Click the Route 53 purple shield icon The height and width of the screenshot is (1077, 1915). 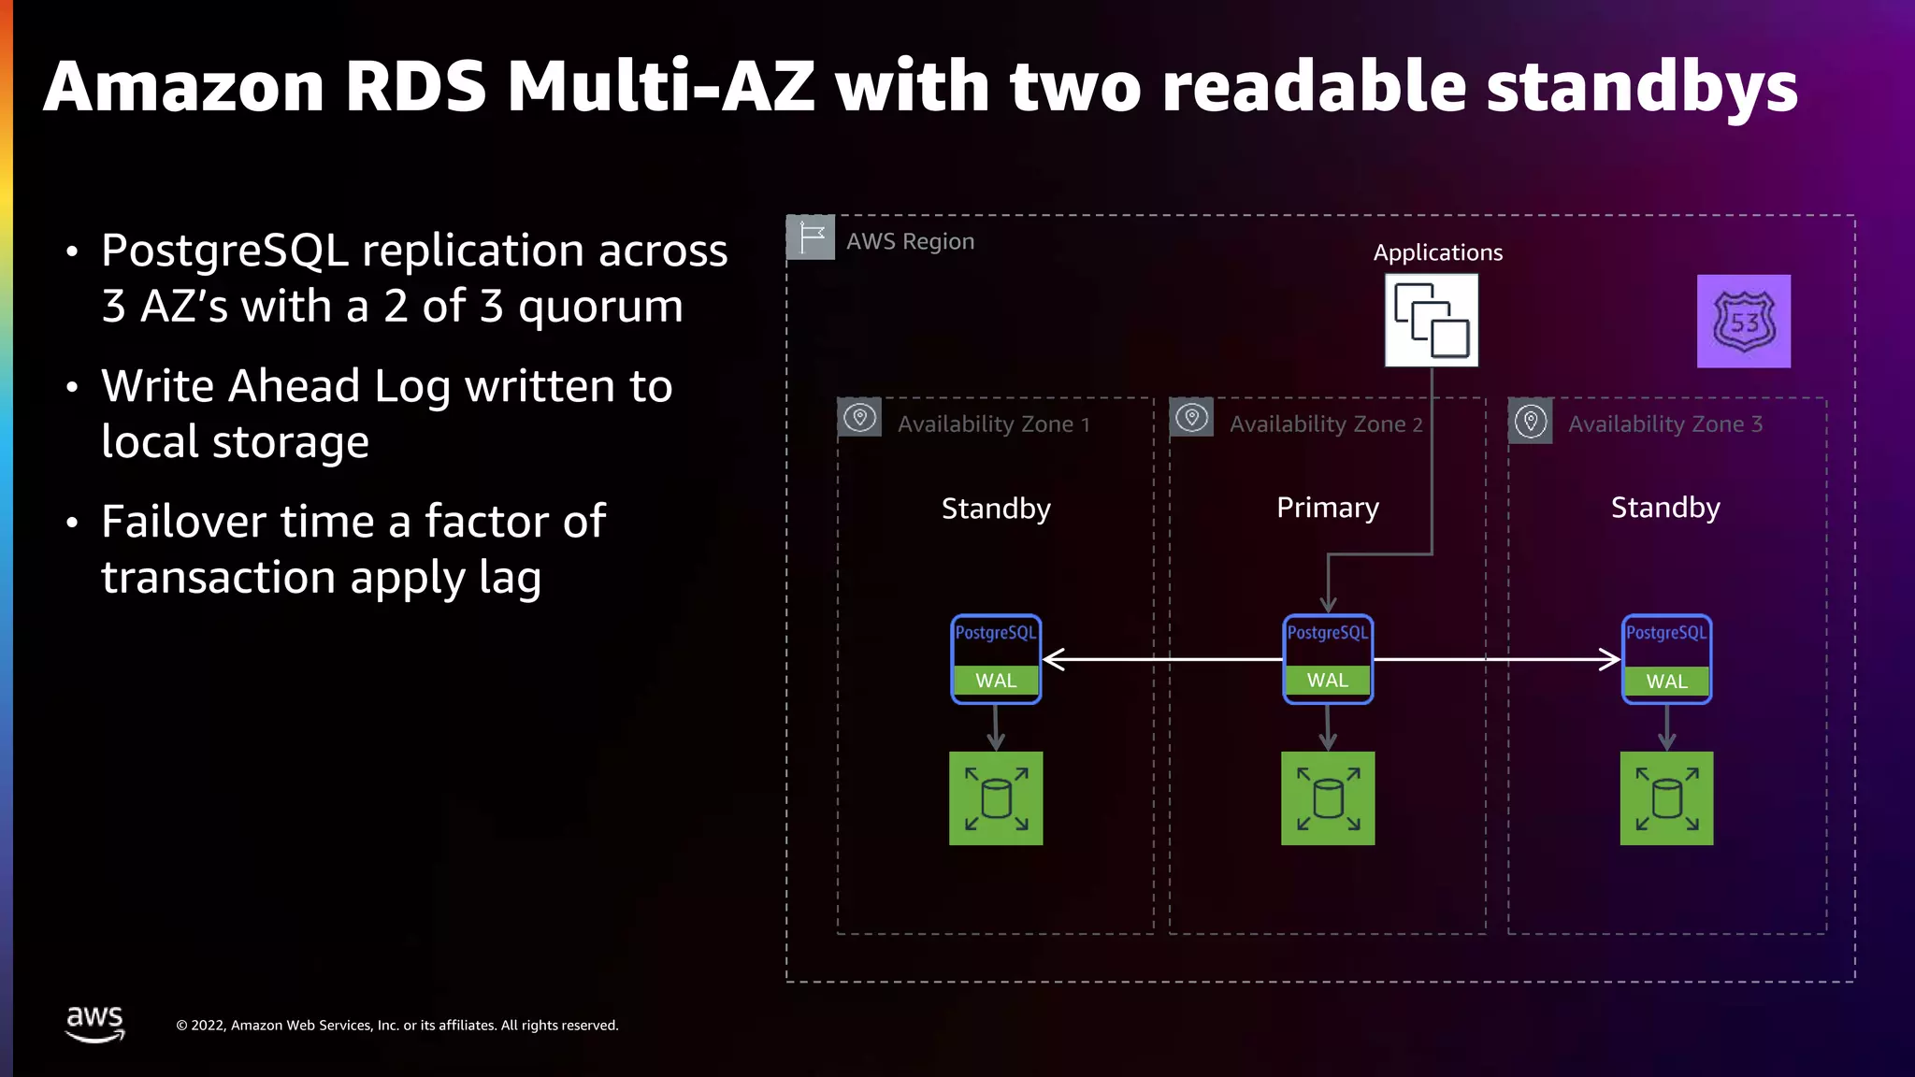tap(1744, 321)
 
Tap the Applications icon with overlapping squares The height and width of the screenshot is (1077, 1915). tap(1431, 320)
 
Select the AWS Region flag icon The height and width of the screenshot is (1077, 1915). tap(810, 237)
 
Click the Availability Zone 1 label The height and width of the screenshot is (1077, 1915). tap(993, 424)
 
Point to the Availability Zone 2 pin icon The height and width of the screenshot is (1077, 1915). tap(1191, 418)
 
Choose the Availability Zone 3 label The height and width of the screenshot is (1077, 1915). tap(1664, 424)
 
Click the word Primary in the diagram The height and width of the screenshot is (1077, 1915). tap(1328, 508)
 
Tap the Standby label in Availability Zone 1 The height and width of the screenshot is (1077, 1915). tap(996, 509)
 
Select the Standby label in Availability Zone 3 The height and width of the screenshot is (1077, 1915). tap(1665, 508)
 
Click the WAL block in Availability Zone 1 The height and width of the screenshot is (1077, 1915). tap(996, 681)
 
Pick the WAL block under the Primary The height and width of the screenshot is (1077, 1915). tap(1328, 681)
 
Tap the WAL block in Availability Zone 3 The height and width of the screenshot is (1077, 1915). tap(1666, 682)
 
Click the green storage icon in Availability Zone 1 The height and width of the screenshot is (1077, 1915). tap(996, 798)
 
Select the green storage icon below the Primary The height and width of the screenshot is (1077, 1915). tap(1328, 798)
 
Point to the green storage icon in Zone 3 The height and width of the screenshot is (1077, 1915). tap(1666, 798)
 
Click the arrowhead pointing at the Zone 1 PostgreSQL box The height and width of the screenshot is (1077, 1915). tap(1052, 659)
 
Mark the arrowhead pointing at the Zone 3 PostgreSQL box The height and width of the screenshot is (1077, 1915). tap(1611, 659)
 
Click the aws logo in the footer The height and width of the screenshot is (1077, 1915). tap(94, 1023)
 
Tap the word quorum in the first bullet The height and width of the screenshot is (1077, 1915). tap(600, 307)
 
